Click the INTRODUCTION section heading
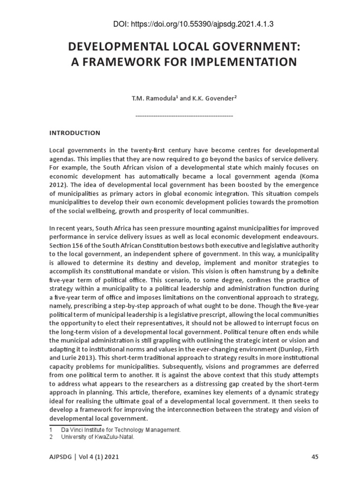click(75, 133)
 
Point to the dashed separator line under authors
click(184, 115)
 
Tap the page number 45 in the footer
click(315, 456)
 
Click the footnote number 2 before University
click(51, 437)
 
